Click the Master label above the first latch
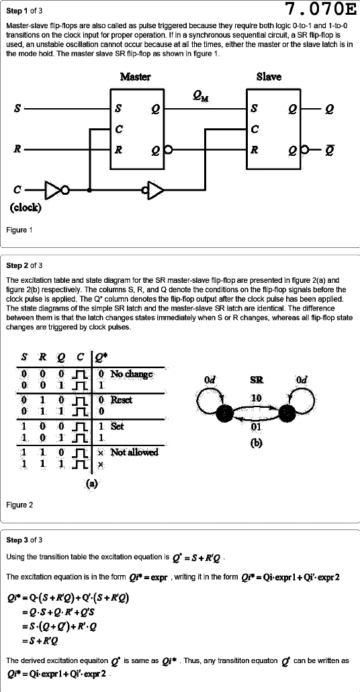(x=136, y=77)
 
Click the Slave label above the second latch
(x=269, y=77)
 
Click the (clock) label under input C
(x=26, y=208)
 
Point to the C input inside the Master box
(x=118, y=129)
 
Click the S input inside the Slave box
(x=254, y=108)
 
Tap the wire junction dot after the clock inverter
(x=90, y=191)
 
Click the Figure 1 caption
(x=19, y=230)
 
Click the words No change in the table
(x=132, y=374)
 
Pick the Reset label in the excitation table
(x=122, y=400)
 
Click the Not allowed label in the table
(x=134, y=452)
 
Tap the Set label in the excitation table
(x=118, y=427)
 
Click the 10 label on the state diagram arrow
(x=256, y=398)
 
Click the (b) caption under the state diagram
(x=257, y=443)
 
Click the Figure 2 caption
(x=19, y=505)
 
